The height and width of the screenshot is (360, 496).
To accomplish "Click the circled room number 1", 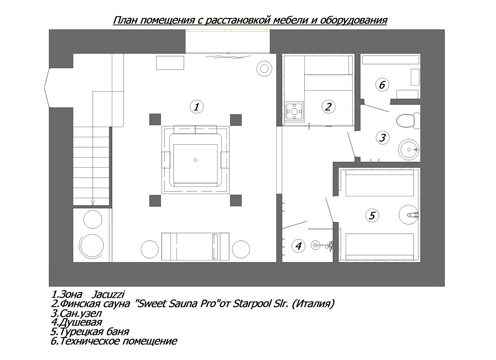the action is tap(196, 107).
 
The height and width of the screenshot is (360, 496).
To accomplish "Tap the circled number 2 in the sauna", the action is tap(329, 107).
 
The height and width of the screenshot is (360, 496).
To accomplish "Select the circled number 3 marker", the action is tap(383, 137).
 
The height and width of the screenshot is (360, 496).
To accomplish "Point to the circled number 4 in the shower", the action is tap(298, 246).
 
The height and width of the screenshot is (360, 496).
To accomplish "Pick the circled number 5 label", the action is tap(372, 215).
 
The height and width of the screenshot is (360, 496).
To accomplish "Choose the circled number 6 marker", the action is tap(382, 85).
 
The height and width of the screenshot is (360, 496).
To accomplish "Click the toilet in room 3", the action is tap(408, 121).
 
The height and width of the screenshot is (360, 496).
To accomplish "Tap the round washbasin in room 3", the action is tap(409, 149).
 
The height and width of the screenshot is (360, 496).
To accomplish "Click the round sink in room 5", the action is tap(409, 214).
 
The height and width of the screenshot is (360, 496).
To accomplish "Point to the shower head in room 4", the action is tap(315, 244).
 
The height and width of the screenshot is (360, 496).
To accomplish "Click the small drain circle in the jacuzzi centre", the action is tap(195, 160).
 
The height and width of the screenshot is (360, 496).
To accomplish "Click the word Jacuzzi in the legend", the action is tap(108, 294).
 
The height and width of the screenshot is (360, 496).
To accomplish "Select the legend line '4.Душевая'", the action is tap(76, 322).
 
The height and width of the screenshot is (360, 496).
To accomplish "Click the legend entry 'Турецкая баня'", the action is tap(94, 332).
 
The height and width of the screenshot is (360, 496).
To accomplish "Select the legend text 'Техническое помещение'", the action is tap(118, 341).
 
